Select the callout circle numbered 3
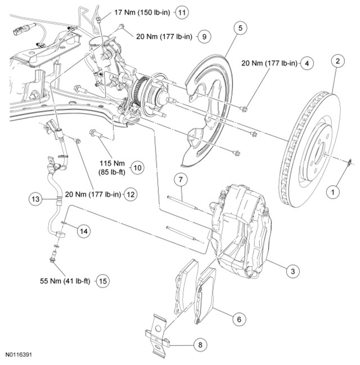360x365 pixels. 291,271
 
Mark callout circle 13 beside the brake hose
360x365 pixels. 34,199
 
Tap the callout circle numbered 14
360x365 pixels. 84,231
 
